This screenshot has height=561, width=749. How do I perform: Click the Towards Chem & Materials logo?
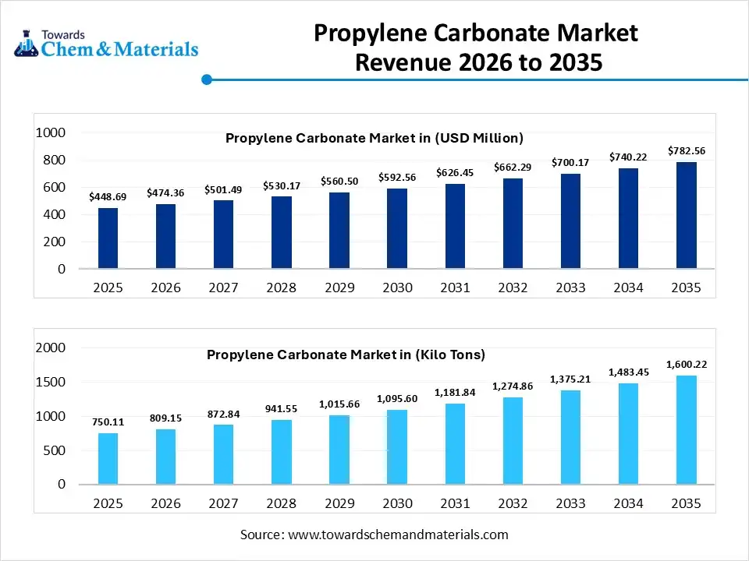pyautogui.click(x=106, y=44)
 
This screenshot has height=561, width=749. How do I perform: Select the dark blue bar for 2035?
pyautogui.click(x=686, y=215)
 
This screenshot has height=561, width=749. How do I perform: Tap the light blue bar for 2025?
pyautogui.click(x=108, y=458)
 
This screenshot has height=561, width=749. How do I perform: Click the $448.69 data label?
pyautogui.click(x=108, y=196)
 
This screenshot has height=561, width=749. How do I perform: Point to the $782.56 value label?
pyautogui.click(x=686, y=150)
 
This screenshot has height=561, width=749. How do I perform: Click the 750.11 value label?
pyautogui.click(x=108, y=422)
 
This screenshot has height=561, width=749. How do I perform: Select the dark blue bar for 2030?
pyautogui.click(x=397, y=228)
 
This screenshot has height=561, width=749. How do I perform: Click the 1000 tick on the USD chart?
pyautogui.click(x=51, y=133)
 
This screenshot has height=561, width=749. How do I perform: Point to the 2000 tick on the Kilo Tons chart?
pyautogui.click(x=51, y=348)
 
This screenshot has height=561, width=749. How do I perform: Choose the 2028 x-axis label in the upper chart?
pyautogui.click(x=281, y=288)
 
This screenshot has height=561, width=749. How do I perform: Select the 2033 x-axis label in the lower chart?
pyautogui.click(x=570, y=503)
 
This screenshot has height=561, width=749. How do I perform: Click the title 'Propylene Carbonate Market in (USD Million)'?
pyautogui.click(x=374, y=139)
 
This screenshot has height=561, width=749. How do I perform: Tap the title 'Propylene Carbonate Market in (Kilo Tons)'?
pyautogui.click(x=346, y=355)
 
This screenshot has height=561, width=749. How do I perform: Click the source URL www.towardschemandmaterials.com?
pyautogui.click(x=398, y=535)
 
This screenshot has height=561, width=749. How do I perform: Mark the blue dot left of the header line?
pyautogui.click(x=207, y=79)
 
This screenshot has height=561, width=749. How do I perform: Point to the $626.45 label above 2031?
pyautogui.click(x=455, y=172)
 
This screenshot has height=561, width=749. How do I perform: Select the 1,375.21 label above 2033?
pyautogui.click(x=570, y=379)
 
